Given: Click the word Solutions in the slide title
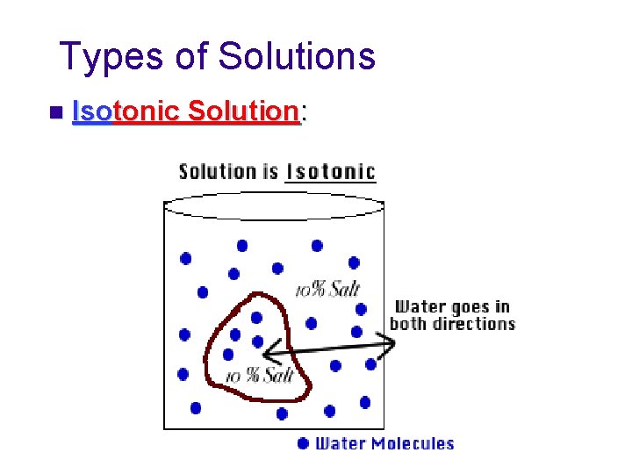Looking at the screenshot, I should tap(297, 57).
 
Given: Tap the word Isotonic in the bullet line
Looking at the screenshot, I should tap(127, 112).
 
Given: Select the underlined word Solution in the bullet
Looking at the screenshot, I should tap(243, 112).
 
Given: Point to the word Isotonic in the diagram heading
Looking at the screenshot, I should tap(331, 171).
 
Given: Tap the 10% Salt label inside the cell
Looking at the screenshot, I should tap(259, 376).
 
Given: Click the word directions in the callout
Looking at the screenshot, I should tap(473, 324).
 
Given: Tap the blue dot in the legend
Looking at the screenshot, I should tap(303, 443).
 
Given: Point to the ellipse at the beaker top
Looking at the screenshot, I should tap(274, 205).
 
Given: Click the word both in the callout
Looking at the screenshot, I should tap(407, 324).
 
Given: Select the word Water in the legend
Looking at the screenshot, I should tap(339, 443).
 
